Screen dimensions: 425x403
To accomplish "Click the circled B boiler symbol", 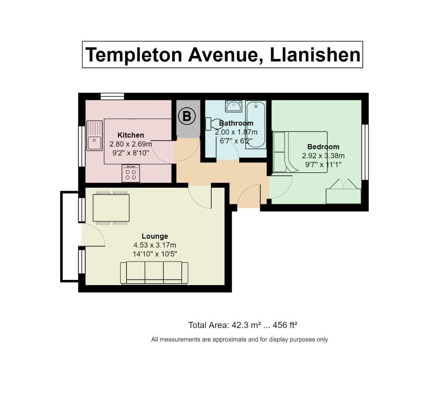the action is coord(187,116).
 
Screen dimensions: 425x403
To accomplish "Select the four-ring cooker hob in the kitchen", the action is coord(131,174).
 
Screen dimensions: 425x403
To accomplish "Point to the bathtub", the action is coord(256,125).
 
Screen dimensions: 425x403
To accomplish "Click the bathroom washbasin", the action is coord(234,106).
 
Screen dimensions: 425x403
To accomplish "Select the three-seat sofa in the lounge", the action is coord(154,273).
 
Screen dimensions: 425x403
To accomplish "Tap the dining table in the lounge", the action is coord(111,208).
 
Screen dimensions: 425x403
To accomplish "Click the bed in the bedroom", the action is coord(300,152).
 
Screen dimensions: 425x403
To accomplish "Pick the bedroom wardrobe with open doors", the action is coord(344,191).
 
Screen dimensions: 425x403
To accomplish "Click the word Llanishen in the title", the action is coord(315,55).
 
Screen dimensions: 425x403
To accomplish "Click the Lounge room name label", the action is coord(155,236).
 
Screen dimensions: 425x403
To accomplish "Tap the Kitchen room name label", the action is coord(131,135).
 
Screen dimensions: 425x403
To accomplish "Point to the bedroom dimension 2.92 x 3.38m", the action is coord(323,156).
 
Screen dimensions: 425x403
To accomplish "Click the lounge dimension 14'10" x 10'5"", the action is coord(155,254).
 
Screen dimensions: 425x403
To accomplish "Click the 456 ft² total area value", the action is coord(285,325).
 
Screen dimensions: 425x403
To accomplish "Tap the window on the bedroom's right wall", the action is coord(365,152).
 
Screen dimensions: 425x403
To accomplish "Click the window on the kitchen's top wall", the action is coord(112,97).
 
